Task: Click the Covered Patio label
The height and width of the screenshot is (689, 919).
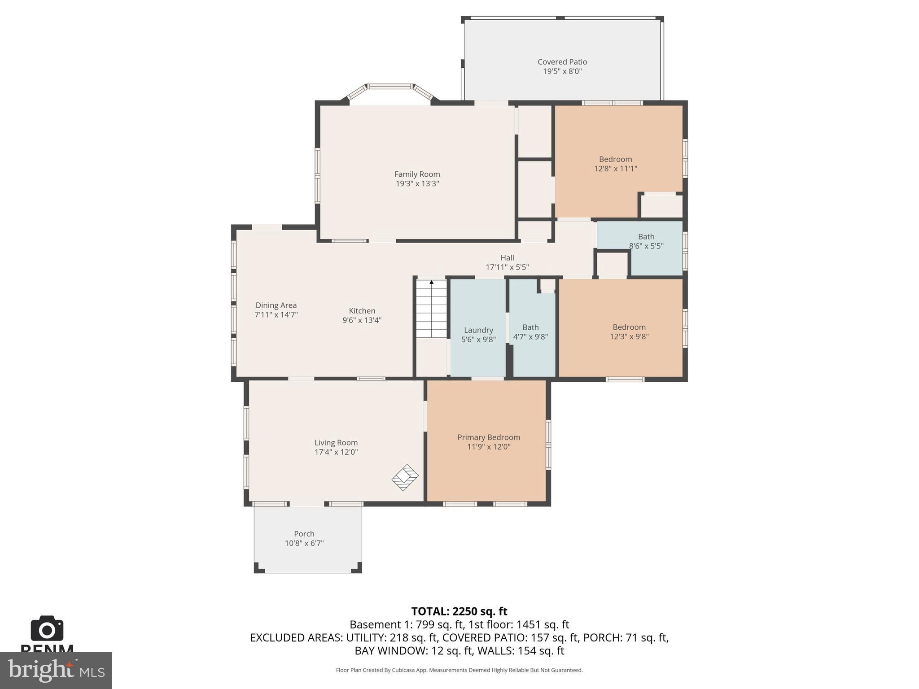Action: click(x=562, y=62)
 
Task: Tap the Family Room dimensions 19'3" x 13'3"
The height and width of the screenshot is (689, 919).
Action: click(x=417, y=183)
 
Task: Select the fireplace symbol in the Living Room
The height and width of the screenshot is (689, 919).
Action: click(x=405, y=477)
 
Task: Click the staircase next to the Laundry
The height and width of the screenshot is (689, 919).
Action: click(x=431, y=309)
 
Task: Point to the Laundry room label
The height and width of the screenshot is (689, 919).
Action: click(x=478, y=330)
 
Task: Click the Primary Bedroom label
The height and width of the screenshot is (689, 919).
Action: click(x=488, y=437)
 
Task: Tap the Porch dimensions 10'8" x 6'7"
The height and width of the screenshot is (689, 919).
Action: click(x=304, y=543)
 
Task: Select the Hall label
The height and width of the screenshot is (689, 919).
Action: click(x=507, y=257)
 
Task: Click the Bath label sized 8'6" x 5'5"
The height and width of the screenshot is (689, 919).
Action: click(x=646, y=236)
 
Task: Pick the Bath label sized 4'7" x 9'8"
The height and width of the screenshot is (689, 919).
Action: click(x=530, y=327)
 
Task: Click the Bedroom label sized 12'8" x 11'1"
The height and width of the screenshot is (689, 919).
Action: click(x=615, y=159)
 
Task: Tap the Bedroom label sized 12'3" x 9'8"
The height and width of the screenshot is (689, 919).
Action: click(x=629, y=327)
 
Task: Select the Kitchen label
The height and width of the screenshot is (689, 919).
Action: click(x=362, y=311)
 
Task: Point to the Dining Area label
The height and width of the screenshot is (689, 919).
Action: click(x=276, y=305)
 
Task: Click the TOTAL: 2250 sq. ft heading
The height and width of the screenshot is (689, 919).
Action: click(x=459, y=611)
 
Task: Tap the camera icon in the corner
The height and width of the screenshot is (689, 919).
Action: click(x=47, y=629)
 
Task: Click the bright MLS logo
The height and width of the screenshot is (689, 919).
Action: click(x=56, y=670)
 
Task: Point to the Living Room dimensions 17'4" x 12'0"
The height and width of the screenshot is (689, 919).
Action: click(x=336, y=452)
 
